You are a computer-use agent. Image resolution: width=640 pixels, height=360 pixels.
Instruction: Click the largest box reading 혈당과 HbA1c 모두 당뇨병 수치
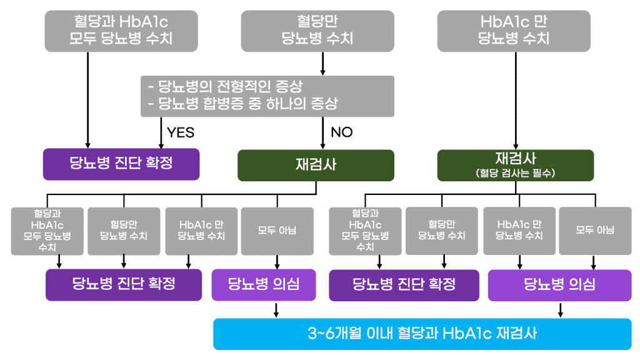pyautogui.click(x=121, y=31)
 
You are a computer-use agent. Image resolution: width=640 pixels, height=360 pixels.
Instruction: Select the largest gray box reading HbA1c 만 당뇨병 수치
pyautogui.click(x=514, y=31)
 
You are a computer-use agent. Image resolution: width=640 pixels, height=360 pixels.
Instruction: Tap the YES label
pyautogui.click(x=181, y=132)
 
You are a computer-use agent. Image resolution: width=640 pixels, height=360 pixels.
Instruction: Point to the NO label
pyautogui.click(x=341, y=132)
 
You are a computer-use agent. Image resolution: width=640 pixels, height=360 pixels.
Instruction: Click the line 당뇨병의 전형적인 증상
pyautogui.click(x=231, y=87)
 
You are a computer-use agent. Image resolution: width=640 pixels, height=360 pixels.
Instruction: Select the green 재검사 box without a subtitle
pyautogui.click(x=316, y=165)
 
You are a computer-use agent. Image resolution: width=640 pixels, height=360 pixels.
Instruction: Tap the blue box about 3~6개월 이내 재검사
pyautogui.click(x=422, y=334)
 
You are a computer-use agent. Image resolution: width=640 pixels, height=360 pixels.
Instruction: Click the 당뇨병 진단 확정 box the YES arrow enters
pyautogui.click(x=121, y=164)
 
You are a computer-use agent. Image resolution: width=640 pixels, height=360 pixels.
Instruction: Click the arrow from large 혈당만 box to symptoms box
pyautogui.click(x=323, y=63)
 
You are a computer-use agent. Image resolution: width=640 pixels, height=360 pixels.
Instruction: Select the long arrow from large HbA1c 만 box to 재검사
pyautogui.click(x=515, y=100)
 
